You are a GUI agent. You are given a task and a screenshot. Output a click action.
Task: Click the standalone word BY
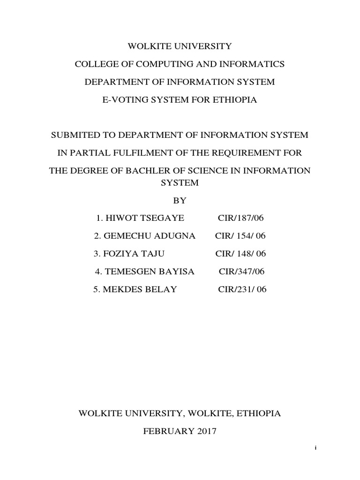coord(180,200)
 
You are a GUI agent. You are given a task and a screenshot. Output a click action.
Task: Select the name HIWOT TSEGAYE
coord(133,218)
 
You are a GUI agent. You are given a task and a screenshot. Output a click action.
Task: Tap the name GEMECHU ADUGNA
coord(135,236)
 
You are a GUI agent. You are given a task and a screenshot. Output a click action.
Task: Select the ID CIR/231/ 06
coord(242,289)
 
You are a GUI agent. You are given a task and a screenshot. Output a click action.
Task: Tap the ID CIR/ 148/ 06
coord(240,254)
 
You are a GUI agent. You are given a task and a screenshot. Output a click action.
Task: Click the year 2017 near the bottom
coord(205,431)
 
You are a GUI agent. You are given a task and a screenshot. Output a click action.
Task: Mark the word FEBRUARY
coord(167,431)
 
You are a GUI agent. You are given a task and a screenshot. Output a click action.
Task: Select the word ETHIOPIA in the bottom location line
coord(259,413)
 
